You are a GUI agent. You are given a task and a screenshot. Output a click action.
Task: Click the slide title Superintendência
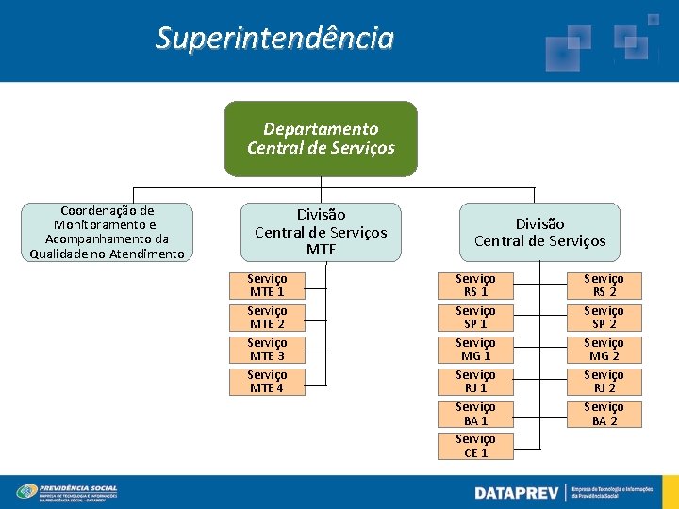click(x=274, y=39)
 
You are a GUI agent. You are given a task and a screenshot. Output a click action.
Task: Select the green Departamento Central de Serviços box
click(x=321, y=139)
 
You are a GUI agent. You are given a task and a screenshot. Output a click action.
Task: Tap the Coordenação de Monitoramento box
click(x=108, y=232)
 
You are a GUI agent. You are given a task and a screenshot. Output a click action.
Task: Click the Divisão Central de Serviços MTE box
click(x=321, y=232)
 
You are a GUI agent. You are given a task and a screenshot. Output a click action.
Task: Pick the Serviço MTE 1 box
click(x=267, y=286)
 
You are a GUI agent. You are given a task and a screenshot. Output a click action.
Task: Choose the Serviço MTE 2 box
click(x=267, y=318)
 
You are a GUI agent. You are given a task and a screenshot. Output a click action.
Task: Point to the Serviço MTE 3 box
click(x=267, y=350)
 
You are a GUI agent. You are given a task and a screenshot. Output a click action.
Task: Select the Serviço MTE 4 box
click(x=267, y=382)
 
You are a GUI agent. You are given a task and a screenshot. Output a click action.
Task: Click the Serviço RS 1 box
click(x=475, y=286)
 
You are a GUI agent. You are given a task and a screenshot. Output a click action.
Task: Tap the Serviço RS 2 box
click(x=604, y=286)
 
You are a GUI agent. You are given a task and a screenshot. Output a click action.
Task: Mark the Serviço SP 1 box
click(x=475, y=318)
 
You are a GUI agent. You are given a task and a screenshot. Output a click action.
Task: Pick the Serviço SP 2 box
click(x=604, y=318)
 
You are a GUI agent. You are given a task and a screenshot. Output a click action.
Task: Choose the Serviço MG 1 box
click(x=475, y=350)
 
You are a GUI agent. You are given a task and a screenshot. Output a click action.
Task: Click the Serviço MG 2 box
click(x=604, y=350)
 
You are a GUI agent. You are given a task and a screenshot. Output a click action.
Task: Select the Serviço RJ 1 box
click(x=475, y=382)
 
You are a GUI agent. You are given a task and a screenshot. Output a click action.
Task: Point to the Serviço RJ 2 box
click(x=604, y=382)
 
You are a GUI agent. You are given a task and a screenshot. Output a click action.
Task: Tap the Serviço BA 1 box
click(x=475, y=414)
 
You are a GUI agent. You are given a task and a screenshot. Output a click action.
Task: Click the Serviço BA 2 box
click(x=604, y=414)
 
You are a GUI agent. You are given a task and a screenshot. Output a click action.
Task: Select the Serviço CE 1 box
click(x=475, y=446)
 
